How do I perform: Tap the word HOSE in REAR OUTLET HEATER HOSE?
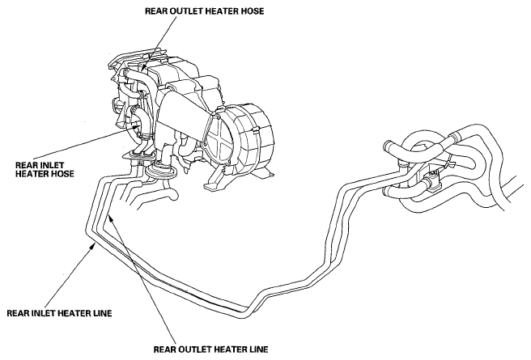tap(252, 11)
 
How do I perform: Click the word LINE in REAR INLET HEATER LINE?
tap(101, 313)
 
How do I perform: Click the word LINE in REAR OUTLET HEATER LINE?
tap(257, 349)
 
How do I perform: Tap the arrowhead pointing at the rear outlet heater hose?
tap(143, 67)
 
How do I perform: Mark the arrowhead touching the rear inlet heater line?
tap(92, 247)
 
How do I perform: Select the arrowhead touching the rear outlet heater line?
tap(110, 219)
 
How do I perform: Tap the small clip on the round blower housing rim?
tap(255, 129)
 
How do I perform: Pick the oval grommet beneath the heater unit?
tap(161, 170)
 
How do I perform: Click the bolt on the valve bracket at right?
tap(432, 176)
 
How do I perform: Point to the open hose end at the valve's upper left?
tap(389, 147)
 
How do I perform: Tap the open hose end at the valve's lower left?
tap(387, 192)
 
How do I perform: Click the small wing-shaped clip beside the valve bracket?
tap(448, 165)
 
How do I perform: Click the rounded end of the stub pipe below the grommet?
tap(173, 195)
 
